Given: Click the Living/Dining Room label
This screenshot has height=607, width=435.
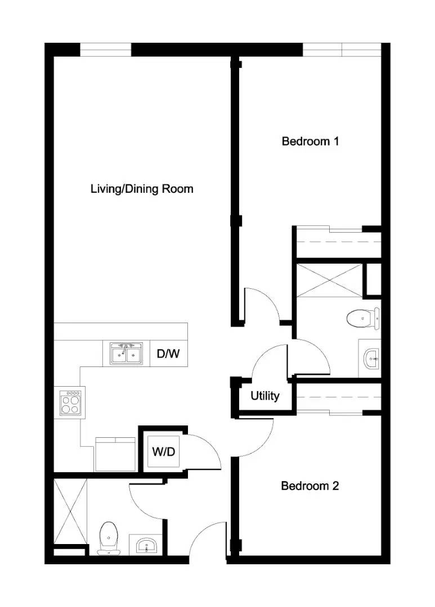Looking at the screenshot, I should point(142,189).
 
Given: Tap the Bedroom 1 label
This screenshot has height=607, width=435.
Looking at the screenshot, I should point(310,141).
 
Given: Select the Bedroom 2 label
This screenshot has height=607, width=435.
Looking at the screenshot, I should point(310,486).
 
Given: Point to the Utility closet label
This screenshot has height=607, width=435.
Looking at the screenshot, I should point(264,396).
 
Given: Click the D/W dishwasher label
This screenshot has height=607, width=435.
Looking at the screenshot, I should point(168,354).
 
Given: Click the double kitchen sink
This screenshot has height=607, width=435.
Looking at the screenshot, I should point(126,354).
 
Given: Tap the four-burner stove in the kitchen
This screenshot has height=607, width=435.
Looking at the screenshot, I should point(70,402).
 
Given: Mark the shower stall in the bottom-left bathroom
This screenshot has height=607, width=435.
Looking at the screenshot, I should point(70,510).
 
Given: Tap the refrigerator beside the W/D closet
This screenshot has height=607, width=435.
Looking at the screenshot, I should point(115,454).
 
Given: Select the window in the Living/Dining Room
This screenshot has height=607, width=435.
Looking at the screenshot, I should point(106,49).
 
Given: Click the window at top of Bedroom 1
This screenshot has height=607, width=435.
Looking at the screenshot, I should point(342,49).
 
